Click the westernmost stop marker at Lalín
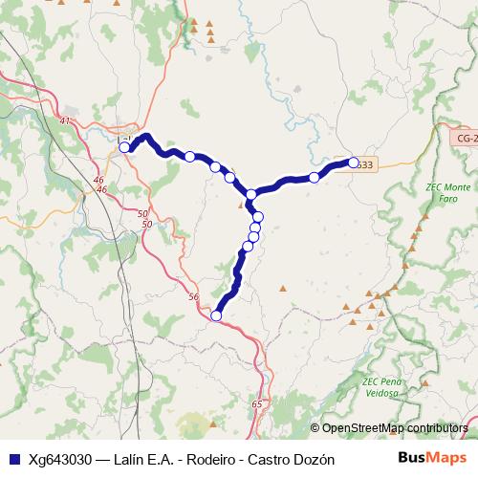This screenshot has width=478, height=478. click(x=124, y=147)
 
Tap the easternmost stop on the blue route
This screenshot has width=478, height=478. click(x=353, y=163)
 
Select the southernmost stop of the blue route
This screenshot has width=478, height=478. click(x=216, y=315)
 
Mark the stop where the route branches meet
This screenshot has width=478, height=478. click(x=251, y=194)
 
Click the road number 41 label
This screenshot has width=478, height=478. click(x=65, y=121)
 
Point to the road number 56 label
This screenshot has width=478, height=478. click(x=194, y=297)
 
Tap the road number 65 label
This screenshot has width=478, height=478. click(x=257, y=405)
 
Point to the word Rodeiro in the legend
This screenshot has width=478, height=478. click(x=206, y=459)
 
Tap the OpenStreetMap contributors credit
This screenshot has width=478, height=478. click(x=395, y=428)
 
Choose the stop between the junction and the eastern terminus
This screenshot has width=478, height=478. click(x=314, y=177)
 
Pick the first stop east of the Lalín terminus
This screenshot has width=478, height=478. click(x=190, y=157)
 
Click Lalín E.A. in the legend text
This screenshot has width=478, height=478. click(x=140, y=459)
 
